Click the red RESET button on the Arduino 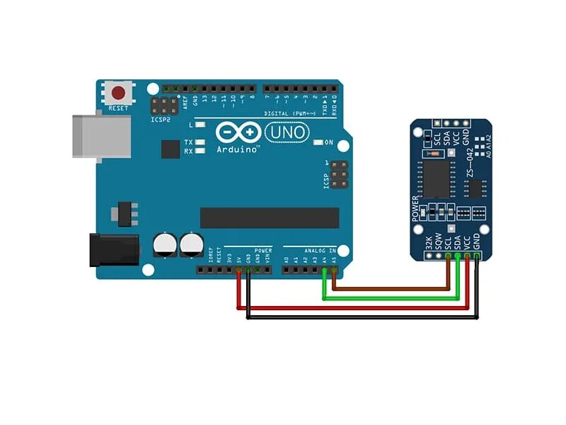click(x=119, y=93)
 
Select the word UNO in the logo click(x=287, y=132)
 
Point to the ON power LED click(x=318, y=142)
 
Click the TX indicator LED click(x=201, y=142)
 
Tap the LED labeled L click(x=201, y=125)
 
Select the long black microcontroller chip click(x=269, y=217)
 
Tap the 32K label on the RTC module click(x=429, y=242)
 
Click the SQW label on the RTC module click(x=439, y=242)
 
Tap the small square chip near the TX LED click(x=171, y=149)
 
